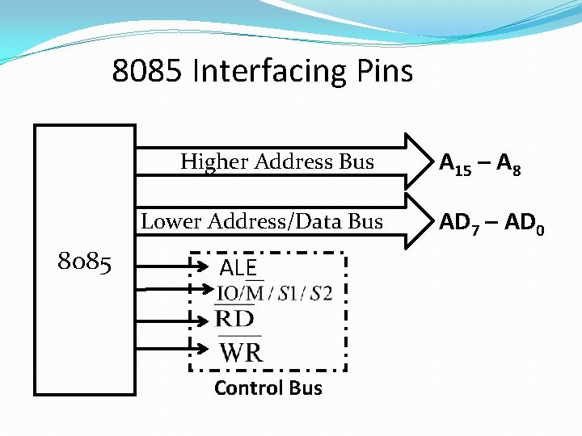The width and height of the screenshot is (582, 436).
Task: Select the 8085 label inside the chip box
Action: (x=84, y=262)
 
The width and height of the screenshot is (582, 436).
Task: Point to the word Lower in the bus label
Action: (x=171, y=221)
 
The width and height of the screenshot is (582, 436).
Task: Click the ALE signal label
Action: (x=238, y=268)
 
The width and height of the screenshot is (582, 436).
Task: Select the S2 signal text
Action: (x=321, y=293)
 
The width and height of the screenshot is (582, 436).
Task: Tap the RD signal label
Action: (x=236, y=318)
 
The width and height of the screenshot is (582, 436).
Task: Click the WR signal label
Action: (x=241, y=352)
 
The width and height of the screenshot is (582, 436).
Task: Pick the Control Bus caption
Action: (x=268, y=388)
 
